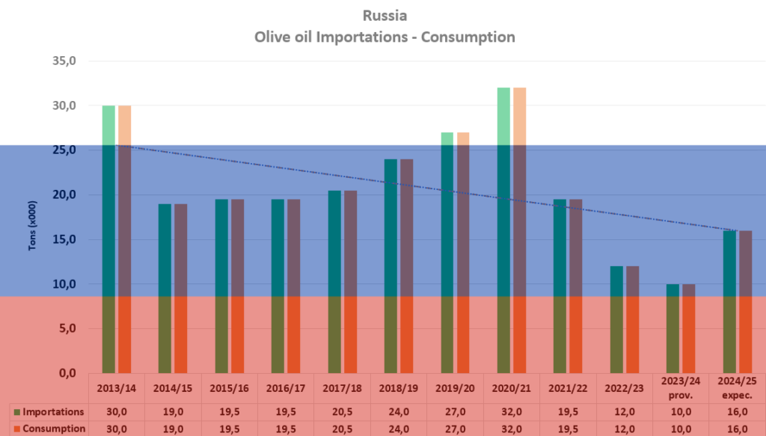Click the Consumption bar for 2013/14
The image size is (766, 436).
(125, 239)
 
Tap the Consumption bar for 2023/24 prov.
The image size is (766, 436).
(688, 328)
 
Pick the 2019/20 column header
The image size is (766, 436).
(455, 388)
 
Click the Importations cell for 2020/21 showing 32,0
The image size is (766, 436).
(511, 412)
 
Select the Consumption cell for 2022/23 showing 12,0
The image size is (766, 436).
(624, 429)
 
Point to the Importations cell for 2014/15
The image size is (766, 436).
(173, 412)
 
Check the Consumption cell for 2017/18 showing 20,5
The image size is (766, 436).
(342, 429)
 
